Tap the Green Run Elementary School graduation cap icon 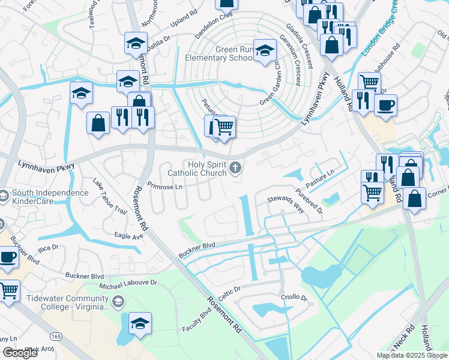point(264,51)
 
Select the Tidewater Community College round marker point(118,301)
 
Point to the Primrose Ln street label point(164,186)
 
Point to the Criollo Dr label point(294,298)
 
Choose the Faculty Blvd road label point(197,325)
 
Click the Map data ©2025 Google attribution point(411,355)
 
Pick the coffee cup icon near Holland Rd point(385,104)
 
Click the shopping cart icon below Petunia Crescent point(224,127)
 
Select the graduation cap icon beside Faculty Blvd point(140,323)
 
